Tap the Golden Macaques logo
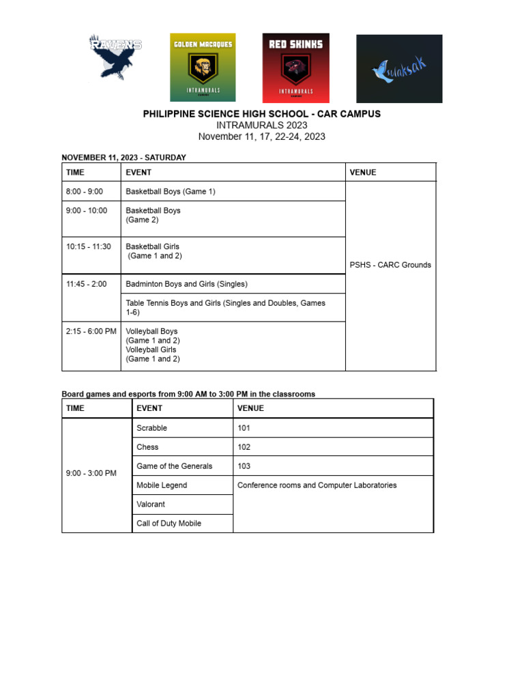[203, 67]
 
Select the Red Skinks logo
[295, 67]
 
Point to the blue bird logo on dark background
[399, 68]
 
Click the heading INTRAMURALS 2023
[261, 125]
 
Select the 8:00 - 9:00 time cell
[85, 192]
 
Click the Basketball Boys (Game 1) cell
[171, 192]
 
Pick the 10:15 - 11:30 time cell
[89, 246]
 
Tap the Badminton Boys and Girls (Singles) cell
[186, 284]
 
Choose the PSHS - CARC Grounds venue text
[390, 265]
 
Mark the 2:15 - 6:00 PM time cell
[91, 331]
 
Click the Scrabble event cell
[151, 428]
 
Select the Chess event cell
[147, 447]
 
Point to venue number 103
[244, 466]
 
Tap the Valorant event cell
[151, 504]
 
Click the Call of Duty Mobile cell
[169, 524]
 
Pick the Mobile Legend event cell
[162, 485]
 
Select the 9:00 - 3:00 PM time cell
[91, 473]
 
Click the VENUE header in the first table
[363, 173]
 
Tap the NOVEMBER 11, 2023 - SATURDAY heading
[123, 158]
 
